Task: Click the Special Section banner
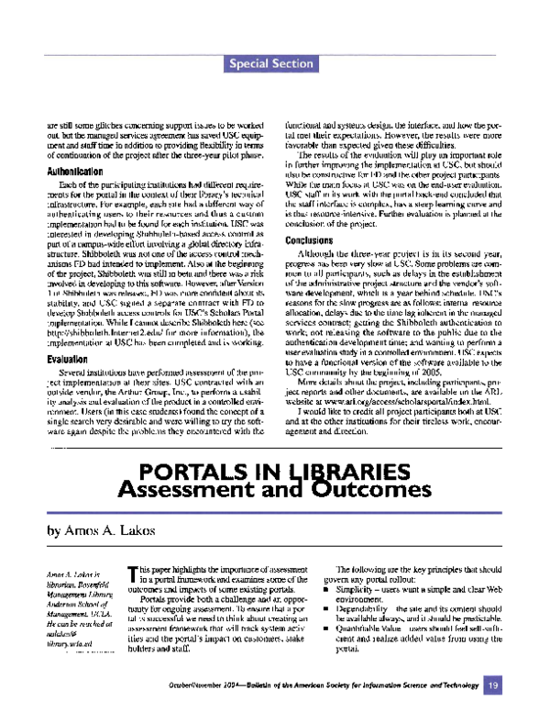coord(274,63)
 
